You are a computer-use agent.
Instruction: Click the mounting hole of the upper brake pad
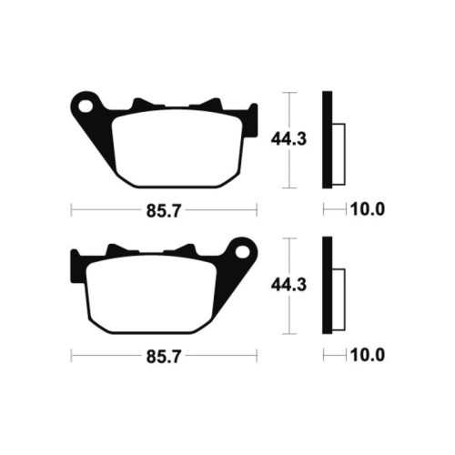click(86, 106)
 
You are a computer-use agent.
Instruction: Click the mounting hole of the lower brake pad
click(242, 253)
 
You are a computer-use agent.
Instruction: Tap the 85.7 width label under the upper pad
click(164, 211)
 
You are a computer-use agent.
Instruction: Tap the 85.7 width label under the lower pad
click(164, 357)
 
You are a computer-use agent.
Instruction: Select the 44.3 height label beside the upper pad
click(288, 139)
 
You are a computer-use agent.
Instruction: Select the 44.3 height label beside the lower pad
click(288, 285)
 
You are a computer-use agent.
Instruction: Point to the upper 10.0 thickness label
click(368, 209)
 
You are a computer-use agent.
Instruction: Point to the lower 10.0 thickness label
click(368, 355)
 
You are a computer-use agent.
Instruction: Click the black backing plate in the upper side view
click(328, 139)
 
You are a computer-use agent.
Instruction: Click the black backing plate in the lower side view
click(328, 286)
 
